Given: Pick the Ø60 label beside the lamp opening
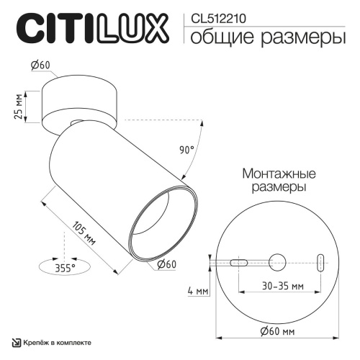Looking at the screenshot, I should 167,264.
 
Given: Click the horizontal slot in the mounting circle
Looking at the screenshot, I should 240,262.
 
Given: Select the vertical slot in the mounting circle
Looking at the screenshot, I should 321,261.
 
